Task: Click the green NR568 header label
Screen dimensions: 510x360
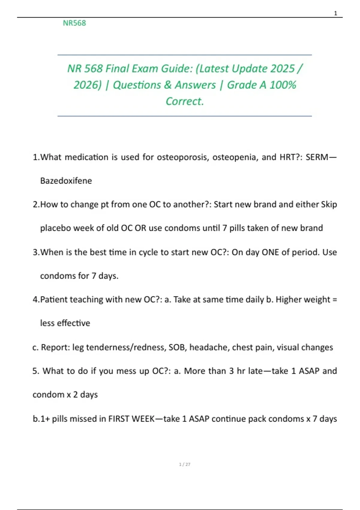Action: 74,23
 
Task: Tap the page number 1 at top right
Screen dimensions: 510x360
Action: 335,13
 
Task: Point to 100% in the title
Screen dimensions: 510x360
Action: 283,85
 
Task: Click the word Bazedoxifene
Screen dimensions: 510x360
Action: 66,181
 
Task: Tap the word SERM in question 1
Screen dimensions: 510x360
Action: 317,157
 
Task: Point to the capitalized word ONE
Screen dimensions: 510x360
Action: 270,252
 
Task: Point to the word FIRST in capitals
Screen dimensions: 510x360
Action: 118,419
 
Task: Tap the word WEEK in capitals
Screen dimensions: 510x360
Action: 143,419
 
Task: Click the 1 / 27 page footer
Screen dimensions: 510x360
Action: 184,464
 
